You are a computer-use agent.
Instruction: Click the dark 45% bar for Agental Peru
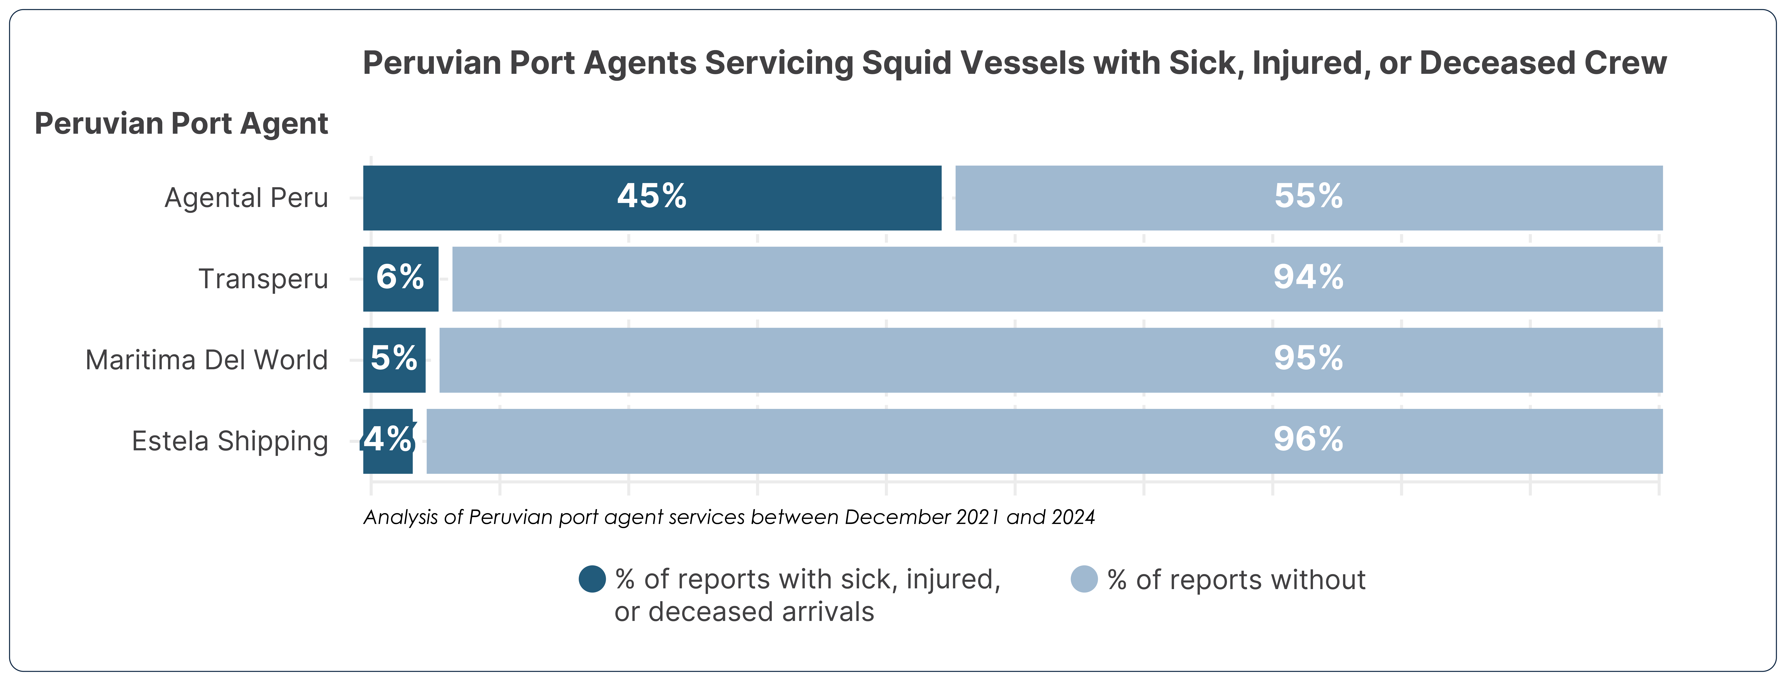tap(652, 198)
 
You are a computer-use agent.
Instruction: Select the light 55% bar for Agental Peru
tap(1308, 198)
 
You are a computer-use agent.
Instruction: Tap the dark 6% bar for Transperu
tap(401, 279)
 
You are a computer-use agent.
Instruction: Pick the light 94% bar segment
tap(1057, 279)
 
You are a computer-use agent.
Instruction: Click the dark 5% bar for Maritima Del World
tap(394, 360)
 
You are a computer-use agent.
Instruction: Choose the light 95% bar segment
tap(1050, 360)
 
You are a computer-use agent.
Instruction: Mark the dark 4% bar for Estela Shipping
tap(388, 441)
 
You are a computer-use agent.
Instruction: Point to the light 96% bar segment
tap(1044, 441)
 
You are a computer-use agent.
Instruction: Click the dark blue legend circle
tap(592, 579)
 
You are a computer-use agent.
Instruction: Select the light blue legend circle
tap(1084, 579)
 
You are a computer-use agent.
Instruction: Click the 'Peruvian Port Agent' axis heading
tap(181, 123)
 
